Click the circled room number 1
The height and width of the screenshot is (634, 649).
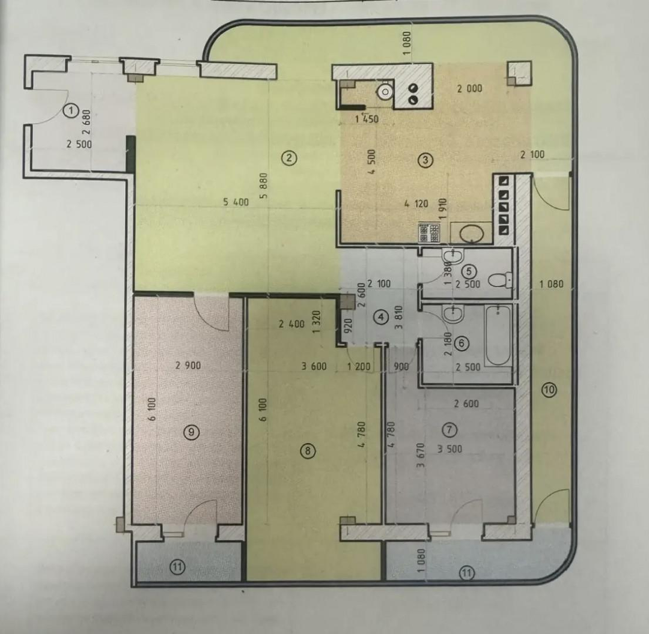click(72, 110)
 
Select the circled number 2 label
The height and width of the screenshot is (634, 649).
click(289, 157)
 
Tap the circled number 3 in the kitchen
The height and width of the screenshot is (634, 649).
click(425, 160)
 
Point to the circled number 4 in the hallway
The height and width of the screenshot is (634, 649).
click(381, 317)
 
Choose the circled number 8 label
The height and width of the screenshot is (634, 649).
click(308, 451)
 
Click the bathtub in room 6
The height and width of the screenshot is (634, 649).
click(498, 336)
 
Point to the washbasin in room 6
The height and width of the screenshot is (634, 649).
click(452, 315)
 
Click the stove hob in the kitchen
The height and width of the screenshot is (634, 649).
click(428, 233)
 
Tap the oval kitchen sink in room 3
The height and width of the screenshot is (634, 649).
click(472, 234)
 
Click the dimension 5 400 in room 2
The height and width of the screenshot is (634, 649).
click(236, 202)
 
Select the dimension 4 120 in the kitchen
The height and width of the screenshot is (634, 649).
click(416, 204)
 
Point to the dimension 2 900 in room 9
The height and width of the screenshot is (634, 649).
click(188, 365)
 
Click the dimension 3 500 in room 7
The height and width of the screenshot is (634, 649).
click(450, 448)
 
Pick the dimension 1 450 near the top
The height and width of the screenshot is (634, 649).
click(367, 119)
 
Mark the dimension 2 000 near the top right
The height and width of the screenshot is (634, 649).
click(469, 88)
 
